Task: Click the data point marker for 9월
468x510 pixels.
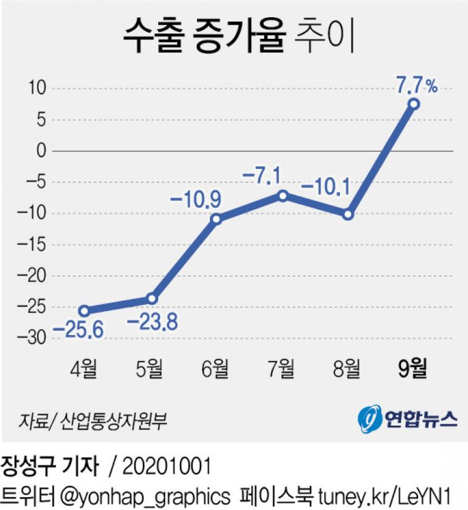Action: (414, 104)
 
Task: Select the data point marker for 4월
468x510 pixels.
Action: (84, 311)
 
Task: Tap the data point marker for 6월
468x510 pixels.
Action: (216, 219)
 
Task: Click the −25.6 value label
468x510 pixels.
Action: (78, 330)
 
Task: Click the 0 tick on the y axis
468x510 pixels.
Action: (42, 151)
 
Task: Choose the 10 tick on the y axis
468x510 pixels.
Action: (38, 89)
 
